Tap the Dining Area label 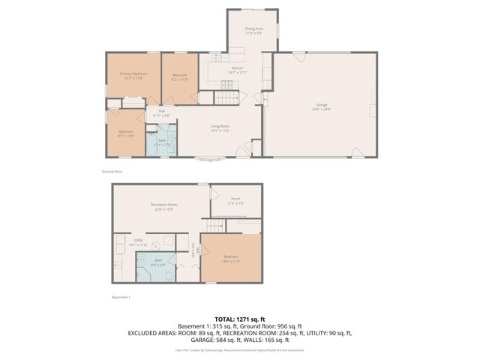pyautogui.click(x=253, y=31)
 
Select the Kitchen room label pyautogui.click(x=238, y=70)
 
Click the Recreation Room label pyautogui.click(x=163, y=206)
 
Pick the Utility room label pyautogui.click(x=138, y=243)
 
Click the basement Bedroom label pyautogui.click(x=230, y=259)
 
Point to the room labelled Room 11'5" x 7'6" pyautogui.click(x=235, y=200)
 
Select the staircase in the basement pyautogui.click(x=216, y=226)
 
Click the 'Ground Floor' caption pyautogui.click(x=112, y=171)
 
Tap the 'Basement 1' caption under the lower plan pyautogui.click(x=121, y=298)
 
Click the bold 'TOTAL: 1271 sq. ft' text pyautogui.click(x=239, y=319)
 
